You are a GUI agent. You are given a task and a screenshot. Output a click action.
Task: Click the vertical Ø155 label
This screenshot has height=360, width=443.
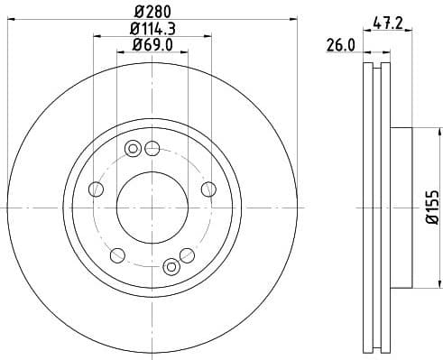click(x=430, y=208)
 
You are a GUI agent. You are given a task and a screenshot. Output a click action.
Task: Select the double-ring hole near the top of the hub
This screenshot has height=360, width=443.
click(x=134, y=149)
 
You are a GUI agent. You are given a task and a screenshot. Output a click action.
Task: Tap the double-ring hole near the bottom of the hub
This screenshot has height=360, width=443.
click(x=172, y=266)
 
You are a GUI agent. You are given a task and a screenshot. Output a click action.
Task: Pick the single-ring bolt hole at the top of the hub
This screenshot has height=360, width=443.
click(x=152, y=149)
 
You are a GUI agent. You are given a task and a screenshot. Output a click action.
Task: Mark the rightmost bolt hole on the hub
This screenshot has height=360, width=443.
click(x=208, y=189)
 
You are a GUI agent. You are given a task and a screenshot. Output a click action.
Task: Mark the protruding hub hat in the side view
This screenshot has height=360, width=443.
click(x=401, y=208)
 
